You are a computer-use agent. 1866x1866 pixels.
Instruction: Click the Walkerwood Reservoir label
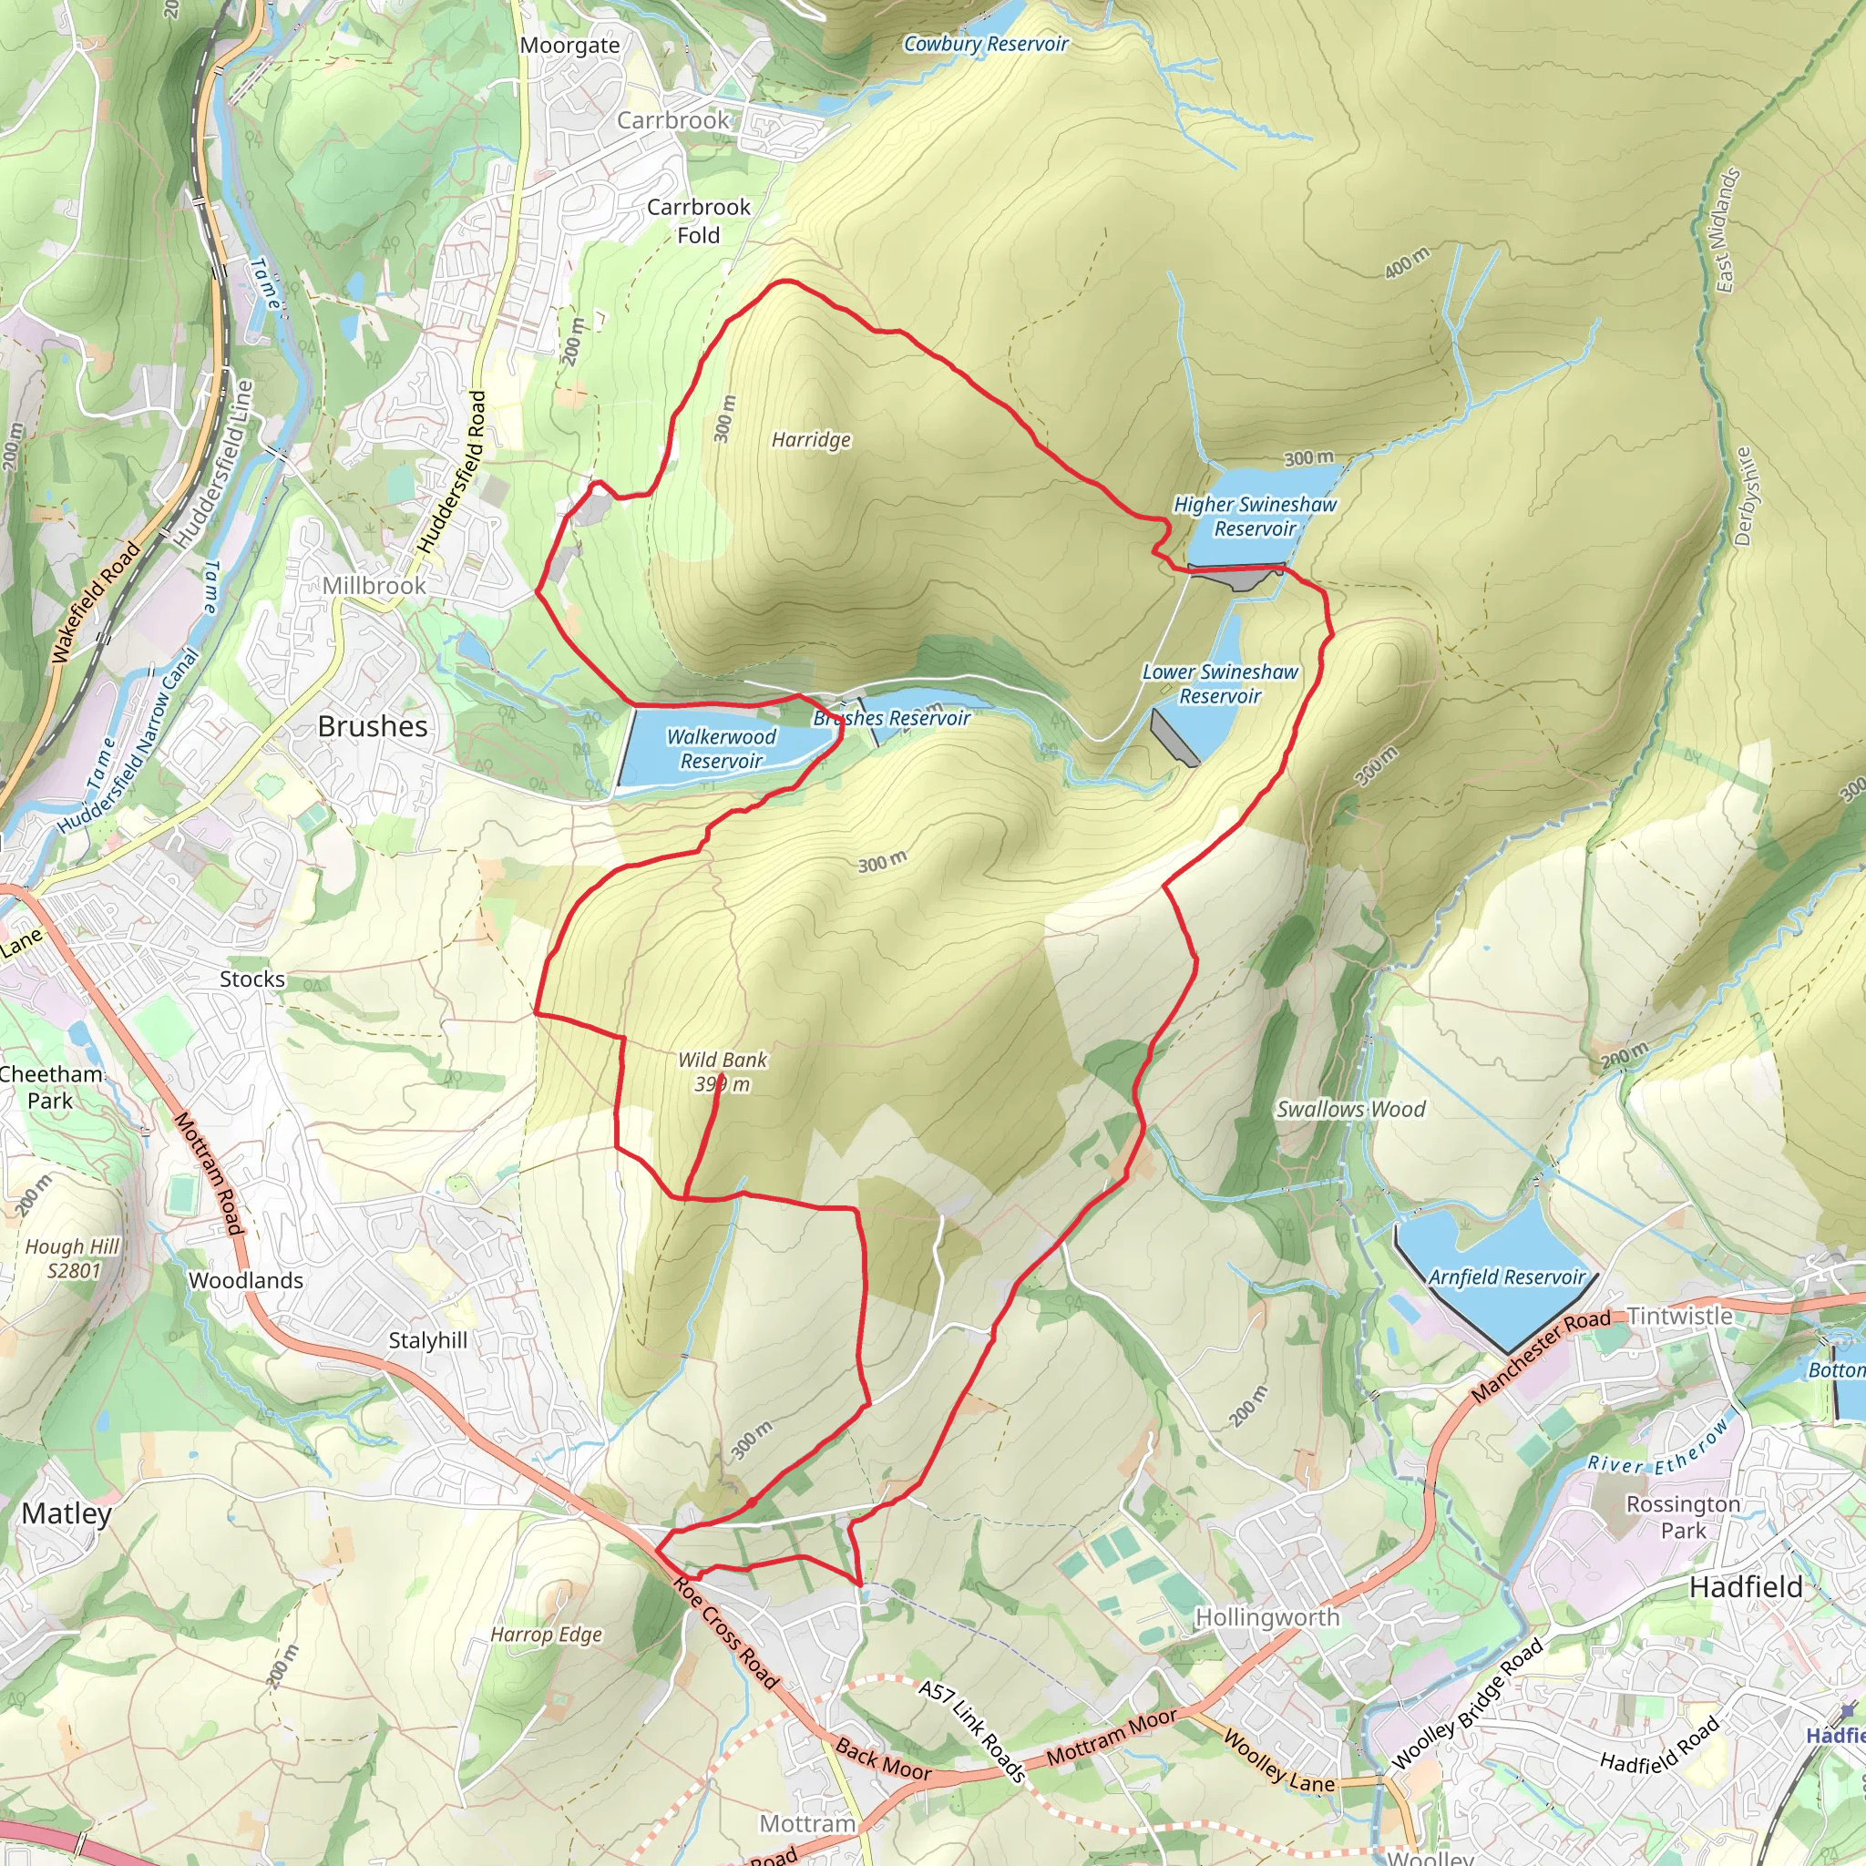(x=721, y=749)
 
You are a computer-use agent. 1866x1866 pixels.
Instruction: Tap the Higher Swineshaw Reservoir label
(x=1255, y=516)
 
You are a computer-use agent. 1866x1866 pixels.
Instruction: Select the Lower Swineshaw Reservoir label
(x=1220, y=684)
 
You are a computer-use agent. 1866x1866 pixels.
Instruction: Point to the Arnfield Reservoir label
(x=1506, y=1276)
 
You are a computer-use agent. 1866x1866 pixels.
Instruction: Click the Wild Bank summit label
(x=722, y=1071)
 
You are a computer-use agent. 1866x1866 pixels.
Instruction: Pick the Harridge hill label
(x=810, y=439)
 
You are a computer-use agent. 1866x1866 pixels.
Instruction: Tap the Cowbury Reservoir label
(x=985, y=44)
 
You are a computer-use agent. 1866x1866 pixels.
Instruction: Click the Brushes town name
(x=372, y=726)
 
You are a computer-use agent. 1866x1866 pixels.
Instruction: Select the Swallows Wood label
(x=1350, y=1109)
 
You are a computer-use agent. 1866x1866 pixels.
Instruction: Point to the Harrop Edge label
(x=546, y=1635)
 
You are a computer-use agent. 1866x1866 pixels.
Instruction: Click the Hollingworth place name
(x=1267, y=1617)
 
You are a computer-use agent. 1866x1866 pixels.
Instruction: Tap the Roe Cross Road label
(x=725, y=1632)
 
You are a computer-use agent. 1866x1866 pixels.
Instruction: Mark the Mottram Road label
(x=208, y=1173)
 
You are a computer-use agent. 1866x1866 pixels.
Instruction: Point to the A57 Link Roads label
(x=970, y=1730)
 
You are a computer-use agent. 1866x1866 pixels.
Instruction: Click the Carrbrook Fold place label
(x=698, y=220)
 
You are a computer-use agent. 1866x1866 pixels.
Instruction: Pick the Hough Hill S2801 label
(x=73, y=1257)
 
